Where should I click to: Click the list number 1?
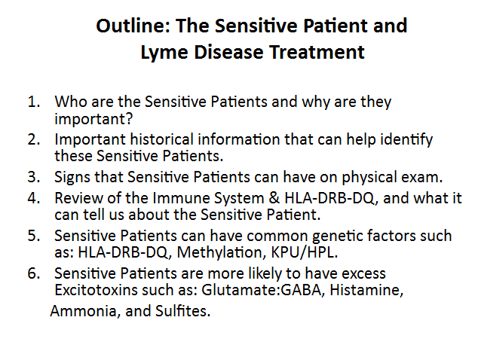34,102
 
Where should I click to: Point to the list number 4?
34,198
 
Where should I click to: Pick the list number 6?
34,273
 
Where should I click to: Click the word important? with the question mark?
93,119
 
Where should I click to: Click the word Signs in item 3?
72,178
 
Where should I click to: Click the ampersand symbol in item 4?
274,198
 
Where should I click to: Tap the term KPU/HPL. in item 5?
305,252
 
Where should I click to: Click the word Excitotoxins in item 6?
96,289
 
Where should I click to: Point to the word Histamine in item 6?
366,290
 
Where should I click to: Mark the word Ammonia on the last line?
84,311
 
